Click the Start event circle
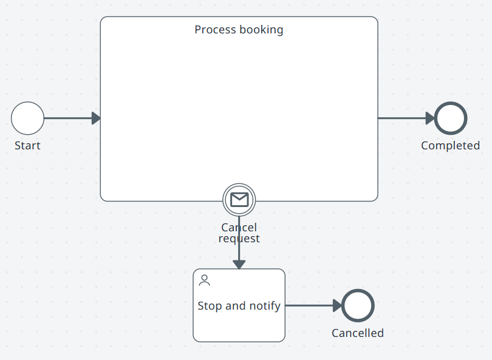pyautogui.click(x=27, y=118)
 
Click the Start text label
pyautogui.click(x=27, y=146)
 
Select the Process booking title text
pyautogui.click(x=239, y=30)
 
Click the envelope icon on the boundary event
pyautogui.click(x=239, y=199)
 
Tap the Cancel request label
pyautogui.click(x=239, y=233)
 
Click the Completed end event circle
pyautogui.click(x=451, y=118)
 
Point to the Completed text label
pyautogui.click(x=450, y=146)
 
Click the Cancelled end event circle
pyautogui.click(x=358, y=305)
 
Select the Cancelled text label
pyautogui.click(x=357, y=333)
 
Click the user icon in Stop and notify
pyautogui.click(x=205, y=280)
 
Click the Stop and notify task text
pyautogui.click(x=239, y=306)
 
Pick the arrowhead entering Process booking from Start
pyautogui.click(x=96, y=118)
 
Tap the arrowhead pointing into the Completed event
pyautogui.click(x=430, y=118)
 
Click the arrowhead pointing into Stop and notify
pyautogui.click(x=239, y=264)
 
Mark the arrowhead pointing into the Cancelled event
pyautogui.click(x=337, y=305)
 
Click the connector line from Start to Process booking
pyautogui.click(x=67, y=118)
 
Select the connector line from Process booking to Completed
pyautogui.click(x=401, y=118)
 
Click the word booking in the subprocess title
pyautogui.click(x=261, y=30)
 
